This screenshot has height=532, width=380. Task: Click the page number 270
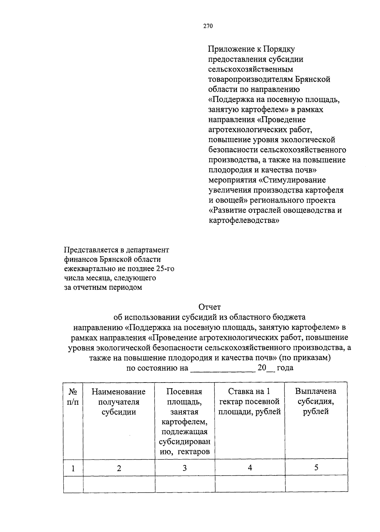click(208, 26)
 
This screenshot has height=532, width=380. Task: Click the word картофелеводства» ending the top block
click(244, 220)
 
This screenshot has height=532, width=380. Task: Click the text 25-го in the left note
click(165, 269)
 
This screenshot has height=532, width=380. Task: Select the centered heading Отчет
click(209, 307)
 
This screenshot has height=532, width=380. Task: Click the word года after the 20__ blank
click(285, 368)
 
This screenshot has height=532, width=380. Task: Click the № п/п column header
click(73, 396)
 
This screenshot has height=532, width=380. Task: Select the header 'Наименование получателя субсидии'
click(119, 402)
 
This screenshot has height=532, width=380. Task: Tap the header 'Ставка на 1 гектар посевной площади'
click(250, 402)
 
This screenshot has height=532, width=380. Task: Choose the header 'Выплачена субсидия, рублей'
click(316, 401)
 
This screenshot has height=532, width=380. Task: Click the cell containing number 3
click(185, 468)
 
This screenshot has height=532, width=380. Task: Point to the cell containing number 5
click(316, 467)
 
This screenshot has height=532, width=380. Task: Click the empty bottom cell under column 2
click(119, 484)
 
